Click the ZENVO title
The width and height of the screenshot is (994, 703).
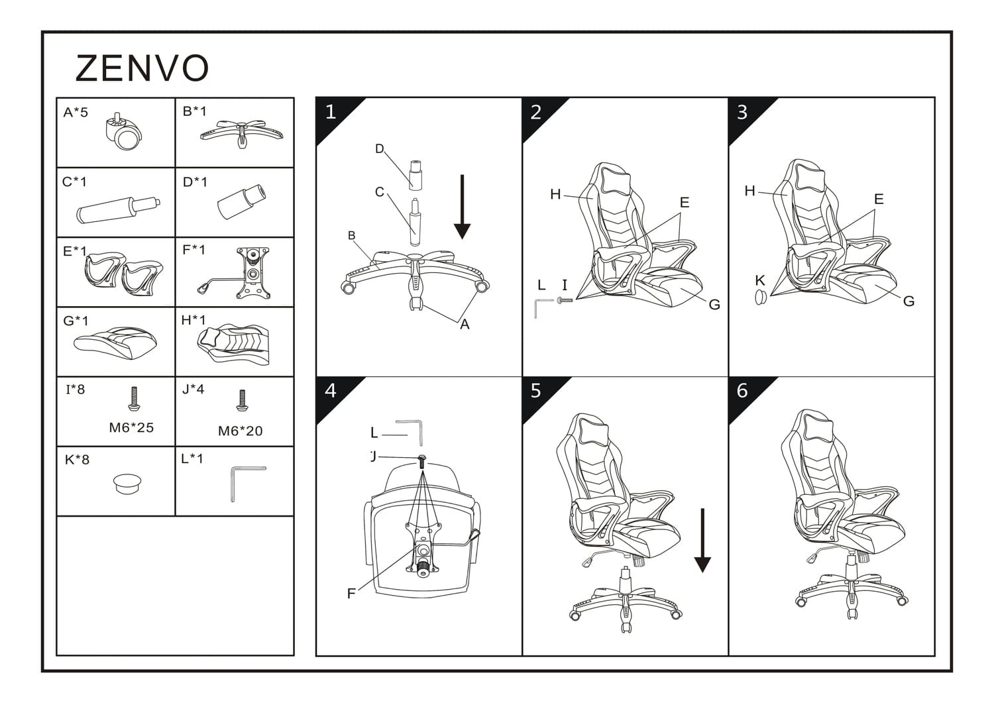pyautogui.click(x=142, y=68)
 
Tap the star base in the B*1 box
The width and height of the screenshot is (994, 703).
pyautogui.click(x=241, y=133)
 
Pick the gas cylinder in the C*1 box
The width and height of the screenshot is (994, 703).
pyautogui.click(x=118, y=209)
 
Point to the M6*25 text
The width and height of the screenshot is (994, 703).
pyautogui.click(x=131, y=428)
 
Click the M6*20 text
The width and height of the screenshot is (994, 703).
pyautogui.click(x=240, y=431)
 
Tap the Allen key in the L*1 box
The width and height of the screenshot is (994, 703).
pyautogui.click(x=248, y=484)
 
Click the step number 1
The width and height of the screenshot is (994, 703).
pyautogui.click(x=331, y=112)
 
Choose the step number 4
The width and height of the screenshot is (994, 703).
pyautogui.click(x=331, y=391)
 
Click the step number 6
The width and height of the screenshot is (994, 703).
pyautogui.click(x=742, y=391)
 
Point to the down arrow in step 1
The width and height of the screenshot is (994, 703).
pyautogui.click(x=462, y=207)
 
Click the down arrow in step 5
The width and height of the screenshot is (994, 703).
pyautogui.click(x=702, y=541)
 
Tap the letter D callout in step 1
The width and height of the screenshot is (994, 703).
pyautogui.click(x=380, y=148)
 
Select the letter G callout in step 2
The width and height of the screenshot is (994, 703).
pyautogui.click(x=714, y=304)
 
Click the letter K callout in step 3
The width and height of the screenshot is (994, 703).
pyautogui.click(x=759, y=280)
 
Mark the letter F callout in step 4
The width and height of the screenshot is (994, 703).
pyautogui.click(x=351, y=594)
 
